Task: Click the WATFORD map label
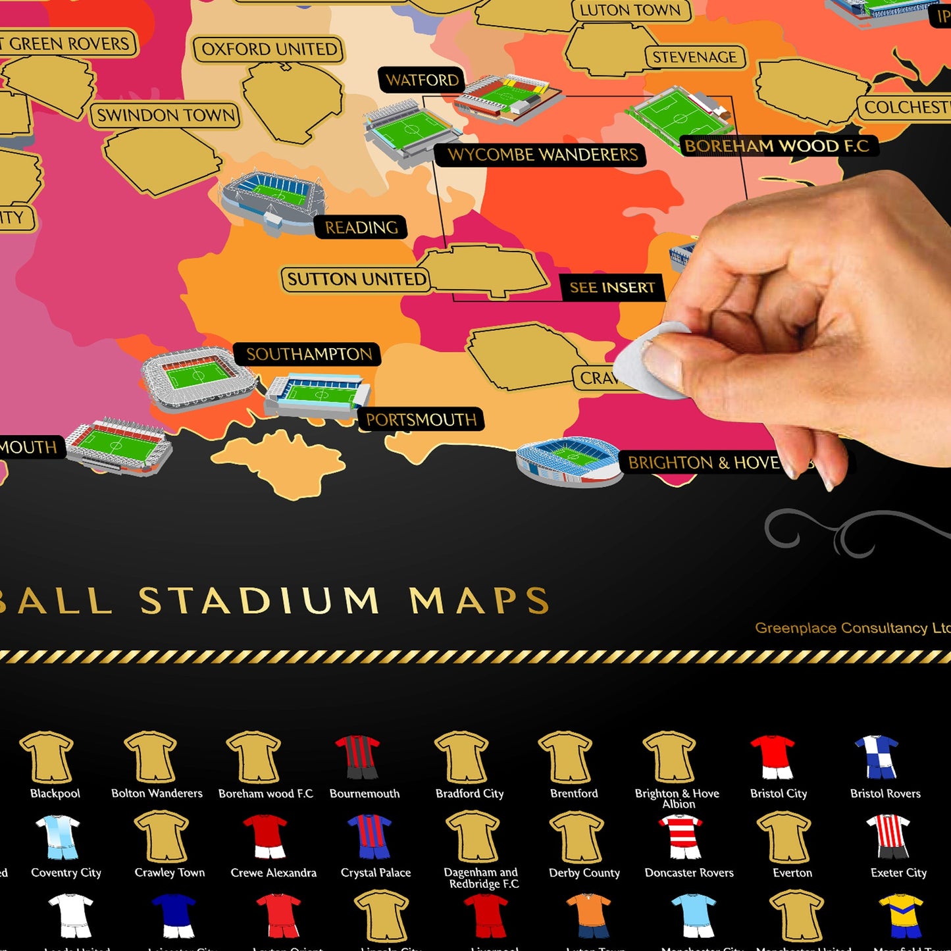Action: [x=422, y=80]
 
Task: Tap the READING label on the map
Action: [x=361, y=228]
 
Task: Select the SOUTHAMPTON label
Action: [x=309, y=354]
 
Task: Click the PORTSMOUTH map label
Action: [x=421, y=419]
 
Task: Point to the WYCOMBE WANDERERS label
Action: [x=542, y=155]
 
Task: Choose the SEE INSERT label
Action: [x=611, y=288]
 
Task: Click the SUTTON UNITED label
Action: [x=356, y=279]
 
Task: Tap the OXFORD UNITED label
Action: [x=269, y=49]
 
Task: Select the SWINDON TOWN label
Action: [x=166, y=116]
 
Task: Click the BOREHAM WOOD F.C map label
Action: [x=777, y=146]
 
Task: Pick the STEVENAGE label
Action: [x=694, y=57]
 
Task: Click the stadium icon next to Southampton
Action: [x=197, y=378]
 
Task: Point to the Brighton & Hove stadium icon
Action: [x=569, y=461]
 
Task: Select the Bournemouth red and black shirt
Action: [x=358, y=757]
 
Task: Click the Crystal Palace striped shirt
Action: [x=369, y=836]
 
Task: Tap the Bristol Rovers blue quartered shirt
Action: [x=877, y=757]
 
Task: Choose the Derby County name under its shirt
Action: [x=584, y=873]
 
